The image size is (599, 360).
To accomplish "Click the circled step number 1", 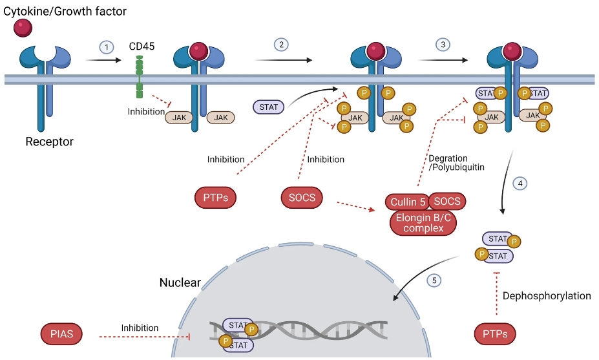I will (x=107, y=47).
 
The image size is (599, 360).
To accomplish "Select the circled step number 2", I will (x=281, y=45).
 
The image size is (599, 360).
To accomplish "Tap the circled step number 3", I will (x=443, y=45).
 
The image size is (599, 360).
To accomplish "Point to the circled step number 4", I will (x=521, y=184).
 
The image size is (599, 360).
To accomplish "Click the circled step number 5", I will (x=434, y=281).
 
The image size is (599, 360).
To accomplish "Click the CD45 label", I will (x=142, y=47).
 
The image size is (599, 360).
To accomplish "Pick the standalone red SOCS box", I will (x=302, y=197).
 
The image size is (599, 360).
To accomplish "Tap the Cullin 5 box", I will (x=408, y=202).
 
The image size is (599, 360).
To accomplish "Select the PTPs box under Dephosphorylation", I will (x=499, y=334).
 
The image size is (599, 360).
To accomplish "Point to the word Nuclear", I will (x=180, y=282).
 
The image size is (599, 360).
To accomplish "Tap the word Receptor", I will (x=49, y=142).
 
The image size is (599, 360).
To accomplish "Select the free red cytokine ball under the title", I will (x=23, y=28).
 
